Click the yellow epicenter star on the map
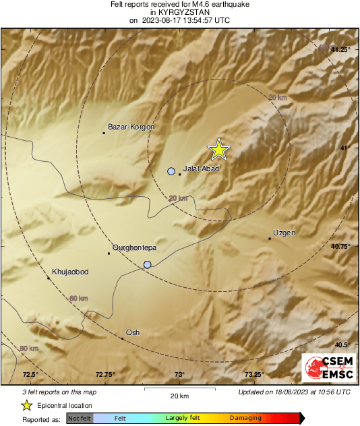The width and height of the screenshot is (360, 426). click(218, 150)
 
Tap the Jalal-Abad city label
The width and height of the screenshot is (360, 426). click(202, 169)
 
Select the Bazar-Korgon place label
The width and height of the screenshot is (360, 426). click(131, 127)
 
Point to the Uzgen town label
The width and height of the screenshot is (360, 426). click(284, 233)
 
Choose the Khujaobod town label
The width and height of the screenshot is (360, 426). click(71, 272)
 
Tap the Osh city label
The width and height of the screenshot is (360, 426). click(133, 332)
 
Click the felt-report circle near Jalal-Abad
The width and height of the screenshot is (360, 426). click(171, 171)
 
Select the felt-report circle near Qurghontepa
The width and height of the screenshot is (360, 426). click(148, 265)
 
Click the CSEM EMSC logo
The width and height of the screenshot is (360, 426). click(327, 370)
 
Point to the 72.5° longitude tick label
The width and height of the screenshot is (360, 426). click(30, 374)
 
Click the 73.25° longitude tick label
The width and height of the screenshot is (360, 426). click(254, 374)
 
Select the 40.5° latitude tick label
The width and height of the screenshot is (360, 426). click(344, 344)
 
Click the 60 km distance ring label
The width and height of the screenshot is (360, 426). click(78, 298)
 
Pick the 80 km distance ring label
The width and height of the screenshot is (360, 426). click(29, 348)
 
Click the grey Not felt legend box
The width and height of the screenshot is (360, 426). click(79, 419)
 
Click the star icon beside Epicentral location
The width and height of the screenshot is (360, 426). click(26, 405)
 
